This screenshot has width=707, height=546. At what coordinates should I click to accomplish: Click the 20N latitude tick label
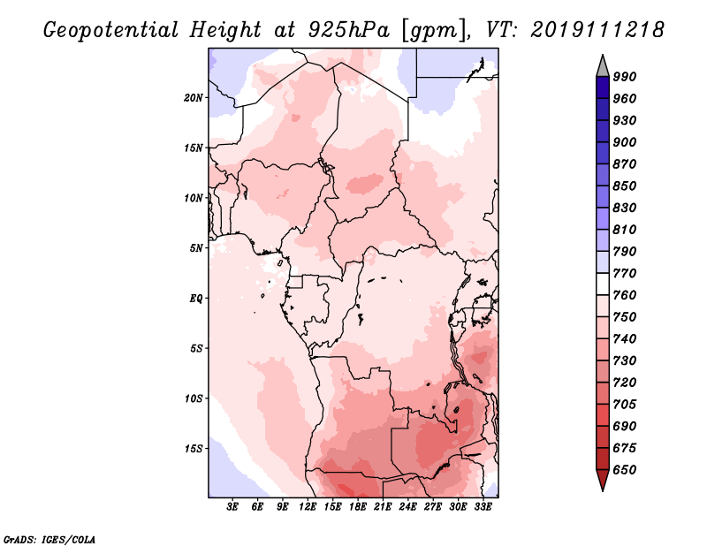click(193, 98)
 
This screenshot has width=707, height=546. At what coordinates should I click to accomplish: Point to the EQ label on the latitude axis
click(195, 299)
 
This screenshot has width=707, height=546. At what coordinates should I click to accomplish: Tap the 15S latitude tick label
click(193, 449)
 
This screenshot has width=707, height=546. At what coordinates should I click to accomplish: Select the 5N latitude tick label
click(196, 248)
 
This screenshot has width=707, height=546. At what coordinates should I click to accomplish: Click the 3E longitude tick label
click(232, 507)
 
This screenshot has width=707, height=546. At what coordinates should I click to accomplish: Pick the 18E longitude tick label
click(357, 507)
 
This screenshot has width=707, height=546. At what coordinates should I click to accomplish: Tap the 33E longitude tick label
click(483, 507)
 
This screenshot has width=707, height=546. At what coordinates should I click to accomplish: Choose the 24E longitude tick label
click(407, 507)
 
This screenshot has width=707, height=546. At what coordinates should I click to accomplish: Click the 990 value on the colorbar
click(625, 77)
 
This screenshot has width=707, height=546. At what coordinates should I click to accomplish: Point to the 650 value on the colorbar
click(625, 470)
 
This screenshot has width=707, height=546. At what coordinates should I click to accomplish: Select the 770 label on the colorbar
click(625, 273)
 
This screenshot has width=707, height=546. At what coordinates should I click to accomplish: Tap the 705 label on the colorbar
click(625, 405)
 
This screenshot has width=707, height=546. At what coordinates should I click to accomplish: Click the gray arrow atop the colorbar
click(603, 67)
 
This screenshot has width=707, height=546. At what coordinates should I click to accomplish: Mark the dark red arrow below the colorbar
click(603, 479)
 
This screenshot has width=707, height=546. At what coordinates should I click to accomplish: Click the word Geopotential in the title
click(111, 31)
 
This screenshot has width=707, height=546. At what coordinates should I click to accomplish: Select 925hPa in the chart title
click(349, 30)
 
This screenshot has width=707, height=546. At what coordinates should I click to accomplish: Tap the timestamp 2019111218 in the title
click(597, 30)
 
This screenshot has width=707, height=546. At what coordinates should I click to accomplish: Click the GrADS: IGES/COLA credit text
click(49, 539)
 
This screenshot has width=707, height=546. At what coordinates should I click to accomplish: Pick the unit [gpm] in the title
click(435, 31)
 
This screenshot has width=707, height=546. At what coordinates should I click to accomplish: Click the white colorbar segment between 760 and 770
click(603, 284)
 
